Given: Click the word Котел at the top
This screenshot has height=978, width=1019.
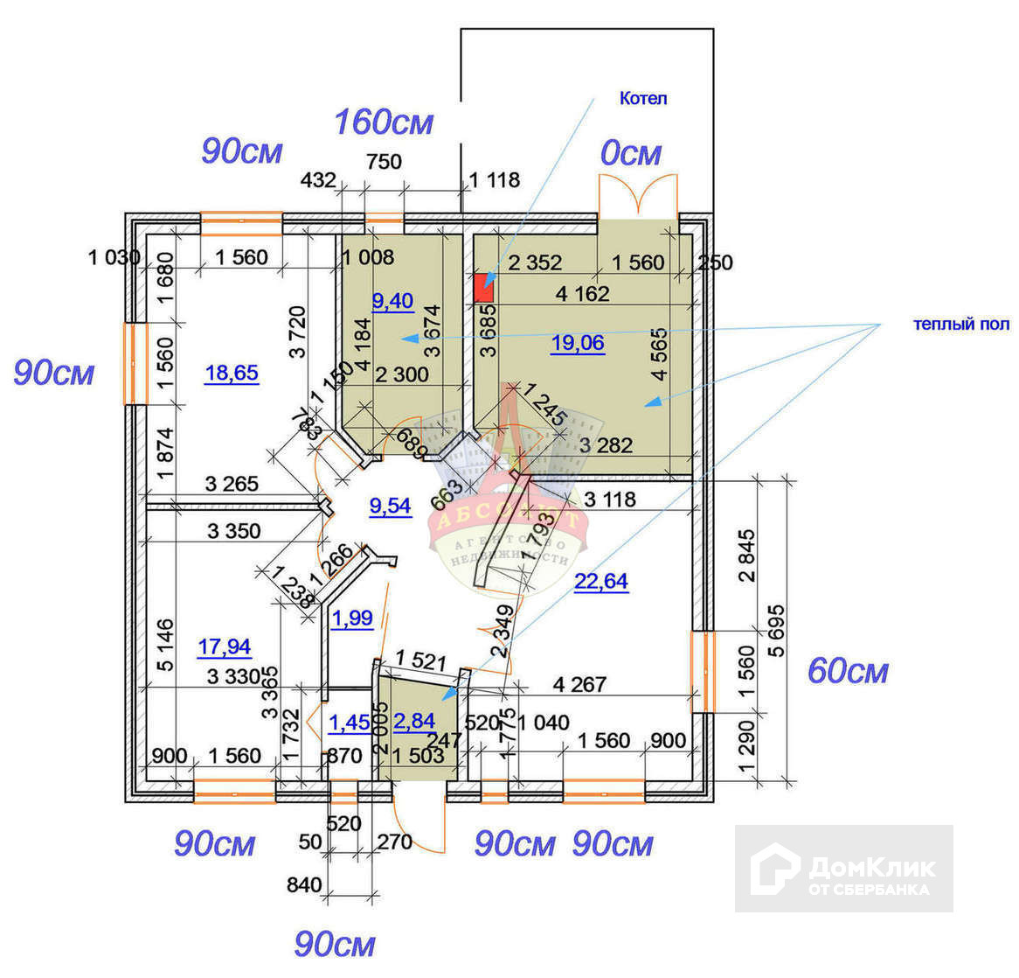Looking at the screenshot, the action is click(x=643, y=98).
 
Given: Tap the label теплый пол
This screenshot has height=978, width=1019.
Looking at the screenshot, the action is click(x=961, y=325).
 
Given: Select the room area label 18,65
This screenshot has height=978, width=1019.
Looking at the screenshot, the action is click(x=232, y=374).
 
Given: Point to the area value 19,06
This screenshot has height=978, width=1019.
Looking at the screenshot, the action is click(x=578, y=343).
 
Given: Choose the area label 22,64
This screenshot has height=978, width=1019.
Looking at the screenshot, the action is click(x=601, y=581).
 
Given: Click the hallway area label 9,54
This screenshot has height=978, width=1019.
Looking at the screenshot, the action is click(x=390, y=506).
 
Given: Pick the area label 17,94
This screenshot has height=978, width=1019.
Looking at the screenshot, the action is click(x=225, y=647).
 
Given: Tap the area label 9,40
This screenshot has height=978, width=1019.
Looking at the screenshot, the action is click(x=392, y=302).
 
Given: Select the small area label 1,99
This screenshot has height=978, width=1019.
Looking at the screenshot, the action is click(x=352, y=618).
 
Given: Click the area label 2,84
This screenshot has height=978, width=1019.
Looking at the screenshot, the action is click(x=414, y=721).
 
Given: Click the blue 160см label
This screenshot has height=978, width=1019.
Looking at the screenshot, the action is click(x=385, y=122).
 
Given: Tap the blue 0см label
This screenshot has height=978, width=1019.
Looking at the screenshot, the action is click(x=630, y=154).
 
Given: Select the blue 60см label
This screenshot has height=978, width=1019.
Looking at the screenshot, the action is click(x=848, y=671).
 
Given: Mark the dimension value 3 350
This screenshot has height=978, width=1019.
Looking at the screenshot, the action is click(x=234, y=530).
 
